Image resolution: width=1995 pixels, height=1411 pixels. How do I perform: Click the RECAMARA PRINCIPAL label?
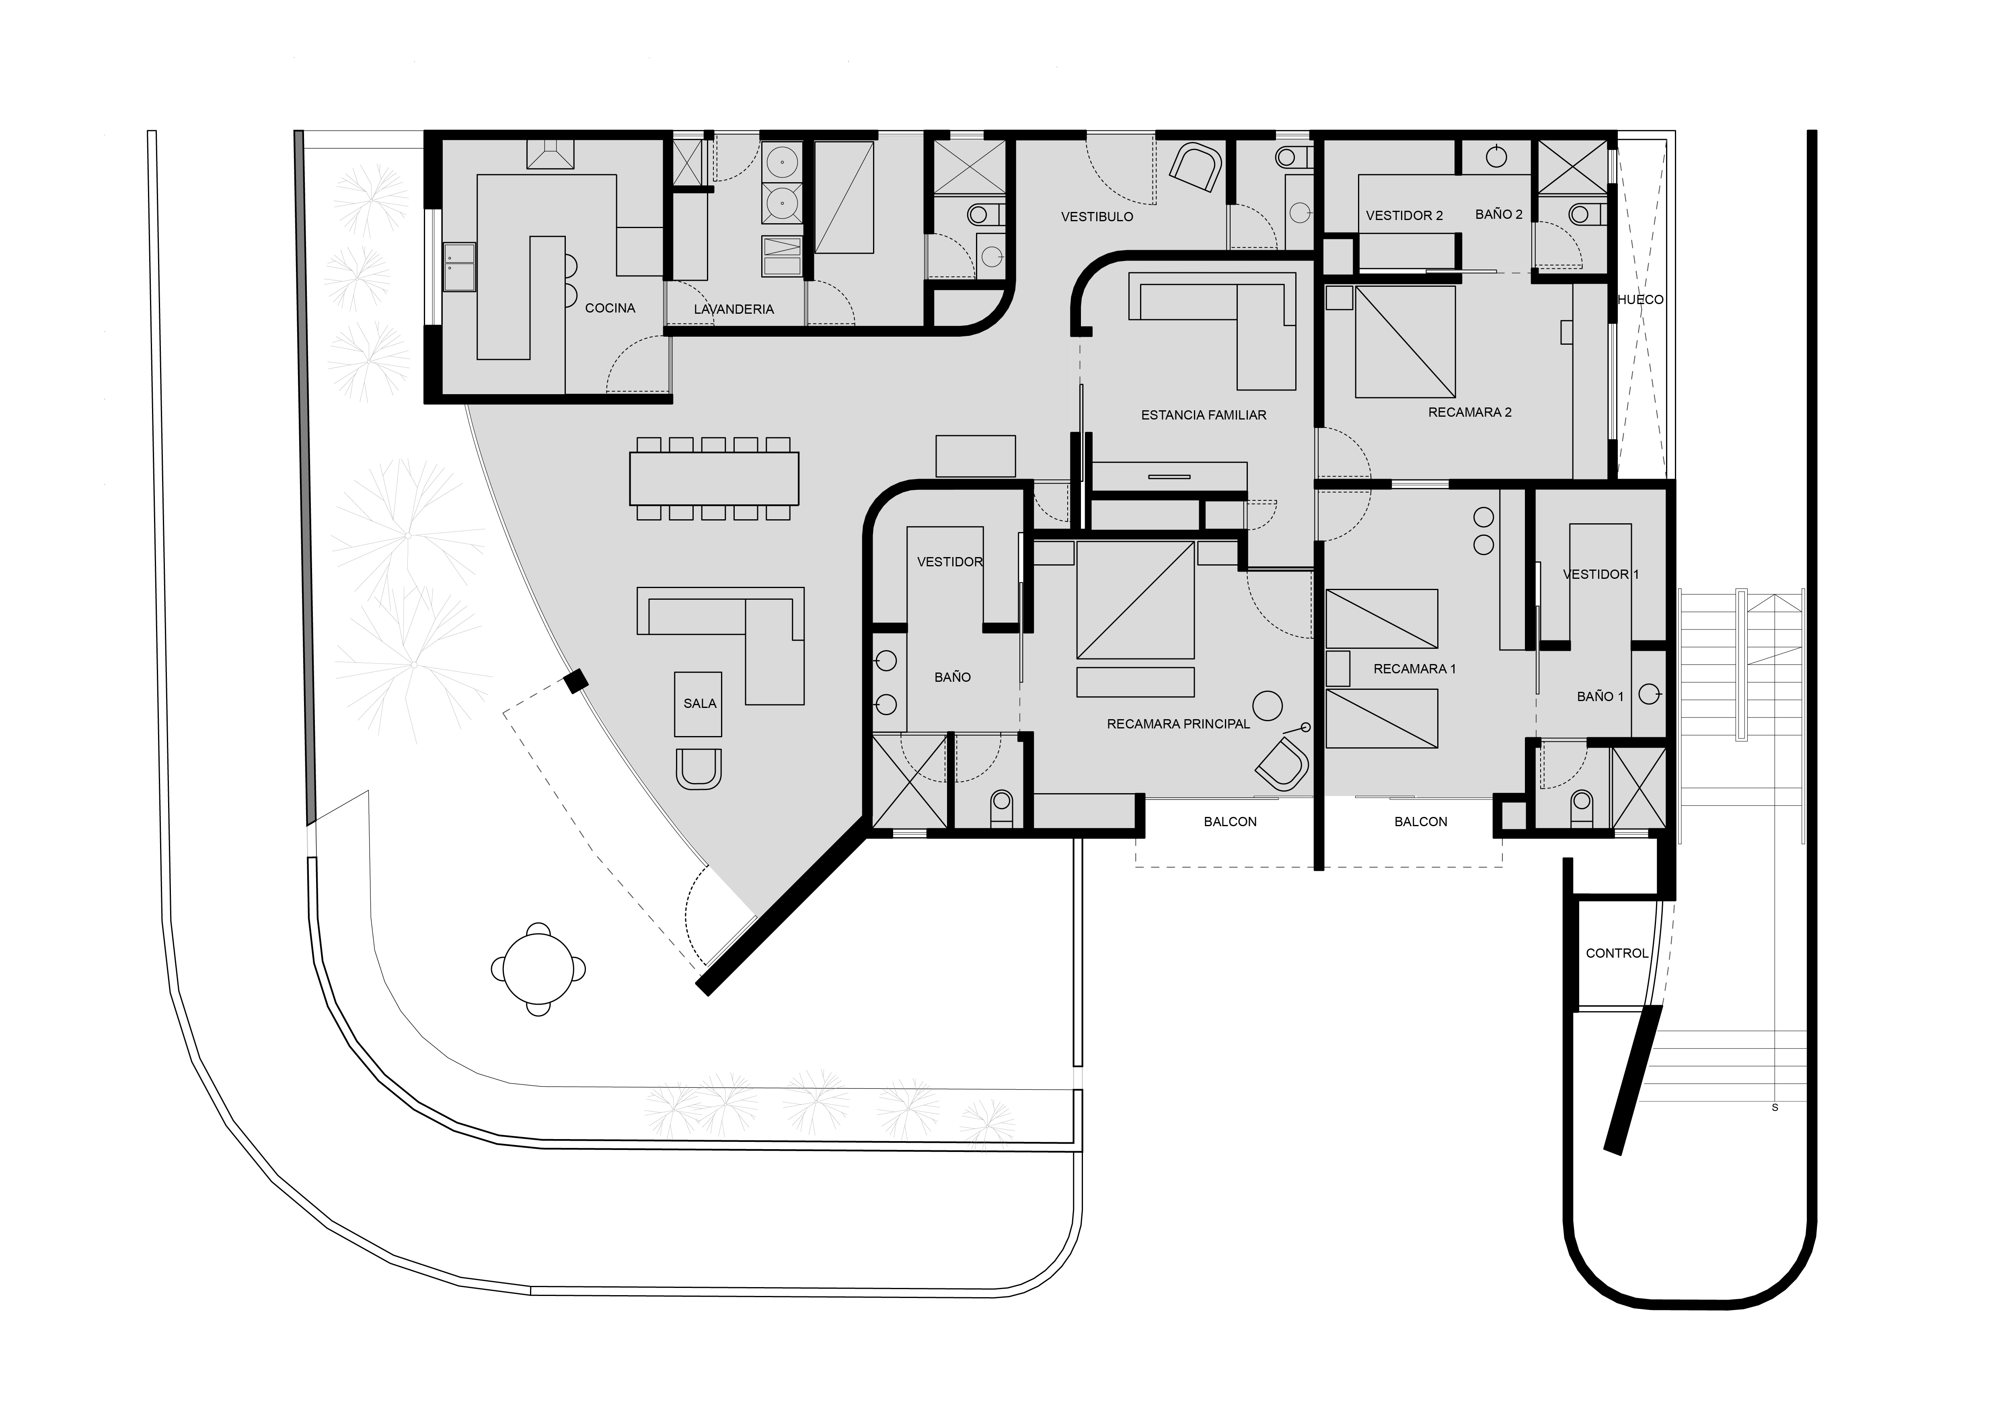pyautogui.click(x=1178, y=724)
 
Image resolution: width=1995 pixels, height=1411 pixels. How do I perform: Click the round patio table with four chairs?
pyautogui.click(x=539, y=969)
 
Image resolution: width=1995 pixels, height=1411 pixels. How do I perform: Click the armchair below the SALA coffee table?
pyautogui.click(x=699, y=768)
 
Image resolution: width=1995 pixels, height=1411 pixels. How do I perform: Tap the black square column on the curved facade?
pyautogui.click(x=574, y=682)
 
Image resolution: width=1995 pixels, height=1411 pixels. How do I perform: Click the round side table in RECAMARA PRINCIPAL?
pyautogui.click(x=1268, y=705)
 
